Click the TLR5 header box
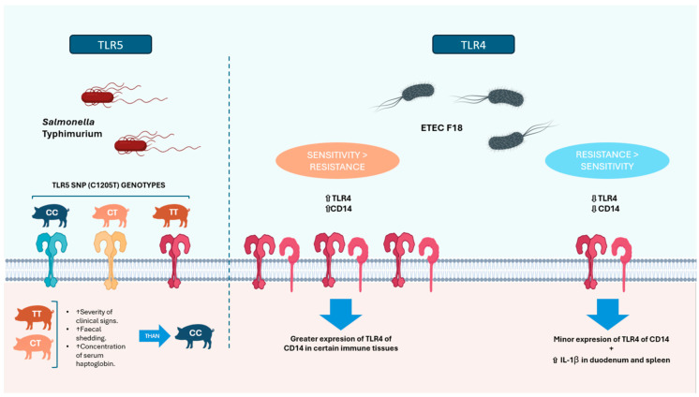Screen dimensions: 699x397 tap(111, 45)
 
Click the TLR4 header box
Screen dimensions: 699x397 tap(473, 45)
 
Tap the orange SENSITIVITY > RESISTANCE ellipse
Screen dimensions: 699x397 tap(337, 161)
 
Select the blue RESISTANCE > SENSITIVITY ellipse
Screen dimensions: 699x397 tap(607, 160)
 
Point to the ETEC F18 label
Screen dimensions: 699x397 tap(441, 128)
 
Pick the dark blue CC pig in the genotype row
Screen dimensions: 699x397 tap(51, 215)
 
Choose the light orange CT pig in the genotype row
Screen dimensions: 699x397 tap(111, 215)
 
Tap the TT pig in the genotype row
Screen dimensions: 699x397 tap(171, 215)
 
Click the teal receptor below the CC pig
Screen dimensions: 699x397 tap(52, 260)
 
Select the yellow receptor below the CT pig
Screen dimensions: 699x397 tap(111, 260)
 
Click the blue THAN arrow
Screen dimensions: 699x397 tap(155, 336)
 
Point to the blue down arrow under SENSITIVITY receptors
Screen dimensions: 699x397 tap(340, 314)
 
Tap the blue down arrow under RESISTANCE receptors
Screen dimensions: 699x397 tap(607, 314)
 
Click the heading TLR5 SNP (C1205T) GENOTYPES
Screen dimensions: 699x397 tap(109, 184)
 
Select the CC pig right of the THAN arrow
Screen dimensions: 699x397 tap(194, 336)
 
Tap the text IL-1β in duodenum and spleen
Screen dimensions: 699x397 tap(611, 360)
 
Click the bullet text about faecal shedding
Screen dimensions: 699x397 tap(89, 333)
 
